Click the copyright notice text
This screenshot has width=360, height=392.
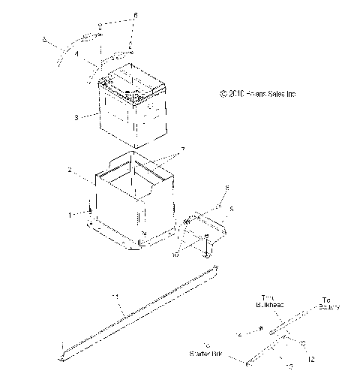coord(258,94)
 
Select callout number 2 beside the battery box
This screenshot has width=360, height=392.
coord(91,171)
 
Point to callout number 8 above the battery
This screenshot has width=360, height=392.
coord(135,15)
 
